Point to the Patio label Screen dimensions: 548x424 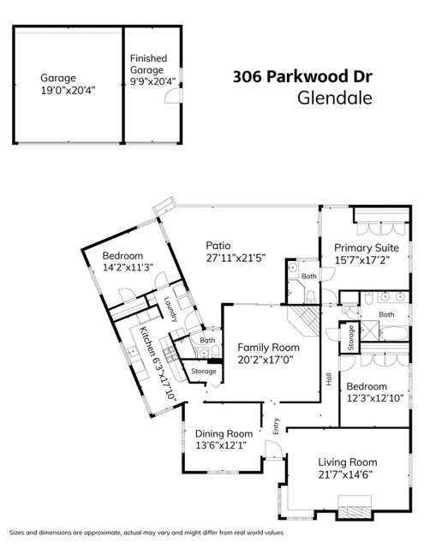point(218,246)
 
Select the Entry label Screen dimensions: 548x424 point(276,426)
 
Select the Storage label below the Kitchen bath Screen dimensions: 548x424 point(204,371)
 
